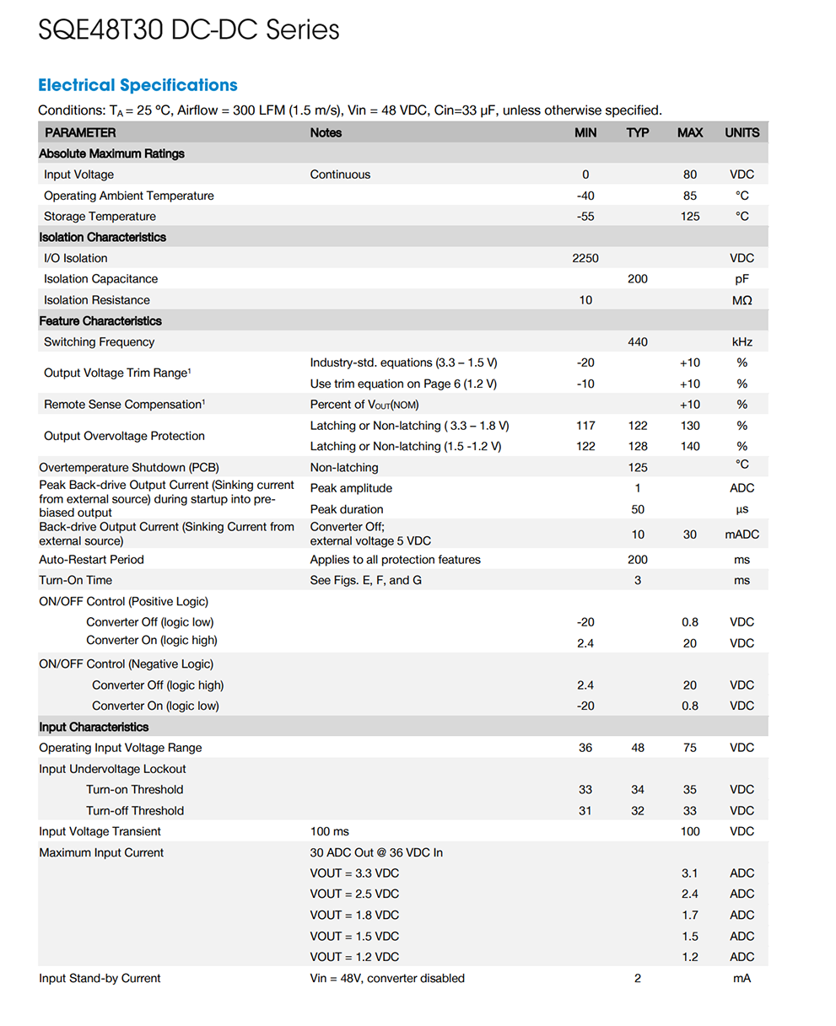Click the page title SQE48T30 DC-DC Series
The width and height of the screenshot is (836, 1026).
point(189,30)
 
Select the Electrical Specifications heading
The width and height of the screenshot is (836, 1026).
point(138,85)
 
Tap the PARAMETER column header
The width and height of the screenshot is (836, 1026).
point(80,132)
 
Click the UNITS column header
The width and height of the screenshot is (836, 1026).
point(742,132)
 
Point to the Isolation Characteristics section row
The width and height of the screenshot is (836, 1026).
point(102,237)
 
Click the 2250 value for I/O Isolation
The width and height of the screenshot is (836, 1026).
point(585,258)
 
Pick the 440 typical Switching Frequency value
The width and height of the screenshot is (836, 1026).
point(638,341)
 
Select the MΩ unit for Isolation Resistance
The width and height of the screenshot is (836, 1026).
point(742,300)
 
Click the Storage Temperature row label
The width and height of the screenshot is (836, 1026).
point(100,217)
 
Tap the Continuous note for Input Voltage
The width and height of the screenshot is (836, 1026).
point(340,175)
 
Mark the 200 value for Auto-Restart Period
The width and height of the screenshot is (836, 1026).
point(638,560)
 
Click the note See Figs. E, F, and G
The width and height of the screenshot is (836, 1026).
point(365,580)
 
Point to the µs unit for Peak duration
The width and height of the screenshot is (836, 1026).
point(742,509)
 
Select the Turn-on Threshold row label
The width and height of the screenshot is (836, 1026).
point(134,790)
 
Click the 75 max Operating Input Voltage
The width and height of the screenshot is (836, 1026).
point(690,748)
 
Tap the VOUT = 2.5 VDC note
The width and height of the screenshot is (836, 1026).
point(354,894)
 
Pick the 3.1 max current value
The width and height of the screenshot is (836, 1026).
point(690,873)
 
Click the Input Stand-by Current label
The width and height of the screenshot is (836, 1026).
point(100,978)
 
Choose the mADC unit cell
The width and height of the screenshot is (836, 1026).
point(742,534)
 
